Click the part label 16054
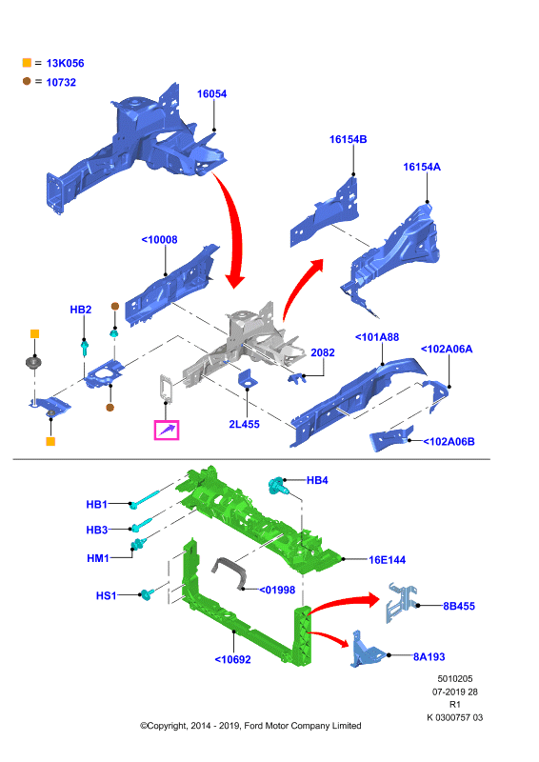[211, 93]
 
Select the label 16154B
[348, 139]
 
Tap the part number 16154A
[422, 168]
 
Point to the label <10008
[159, 240]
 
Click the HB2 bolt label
[81, 310]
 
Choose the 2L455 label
[244, 424]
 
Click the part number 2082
[323, 352]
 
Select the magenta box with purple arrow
[167, 431]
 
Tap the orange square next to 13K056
[27, 63]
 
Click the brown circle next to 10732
[27, 81]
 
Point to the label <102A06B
[449, 442]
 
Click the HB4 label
[317, 480]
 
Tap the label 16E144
[387, 560]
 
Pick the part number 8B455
[459, 606]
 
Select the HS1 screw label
[107, 595]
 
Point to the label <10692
[232, 659]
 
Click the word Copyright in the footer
[167, 726]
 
